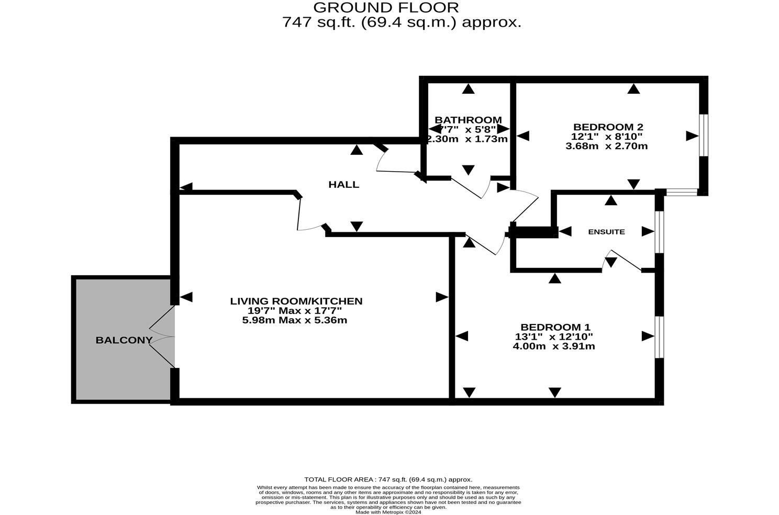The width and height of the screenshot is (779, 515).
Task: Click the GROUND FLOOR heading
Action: [x=386, y=7]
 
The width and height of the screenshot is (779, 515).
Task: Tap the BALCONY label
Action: [x=124, y=340]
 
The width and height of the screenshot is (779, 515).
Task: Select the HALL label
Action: [x=343, y=184]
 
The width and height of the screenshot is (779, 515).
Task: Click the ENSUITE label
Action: [x=606, y=231]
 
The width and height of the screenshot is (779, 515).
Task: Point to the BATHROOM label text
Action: [x=468, y=120]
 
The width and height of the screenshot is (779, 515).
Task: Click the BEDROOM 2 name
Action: [x=608, y=127]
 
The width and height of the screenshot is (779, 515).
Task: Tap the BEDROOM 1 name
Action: [x=555, y=327]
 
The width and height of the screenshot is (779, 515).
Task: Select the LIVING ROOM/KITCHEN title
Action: [x=296, y=301]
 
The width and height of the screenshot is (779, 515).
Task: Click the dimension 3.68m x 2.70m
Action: [x=607, y=146]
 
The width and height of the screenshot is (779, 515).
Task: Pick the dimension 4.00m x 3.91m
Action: [x=554, y=346]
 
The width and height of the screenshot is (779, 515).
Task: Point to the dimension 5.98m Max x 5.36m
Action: [x=295, y=320]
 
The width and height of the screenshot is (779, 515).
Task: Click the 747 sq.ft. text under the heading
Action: [x=402, y=23]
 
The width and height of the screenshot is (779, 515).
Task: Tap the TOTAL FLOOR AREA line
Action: [x=388, y=479]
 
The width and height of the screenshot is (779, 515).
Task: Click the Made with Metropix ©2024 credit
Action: [x=388, y=512]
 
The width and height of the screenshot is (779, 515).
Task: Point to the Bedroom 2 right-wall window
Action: [x=704, y=135]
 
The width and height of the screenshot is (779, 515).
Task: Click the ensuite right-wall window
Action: [x=660, y=232]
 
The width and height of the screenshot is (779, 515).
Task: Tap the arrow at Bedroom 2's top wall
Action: [x=634, y=89]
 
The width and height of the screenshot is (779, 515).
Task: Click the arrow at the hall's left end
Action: [x=186, y=187]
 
